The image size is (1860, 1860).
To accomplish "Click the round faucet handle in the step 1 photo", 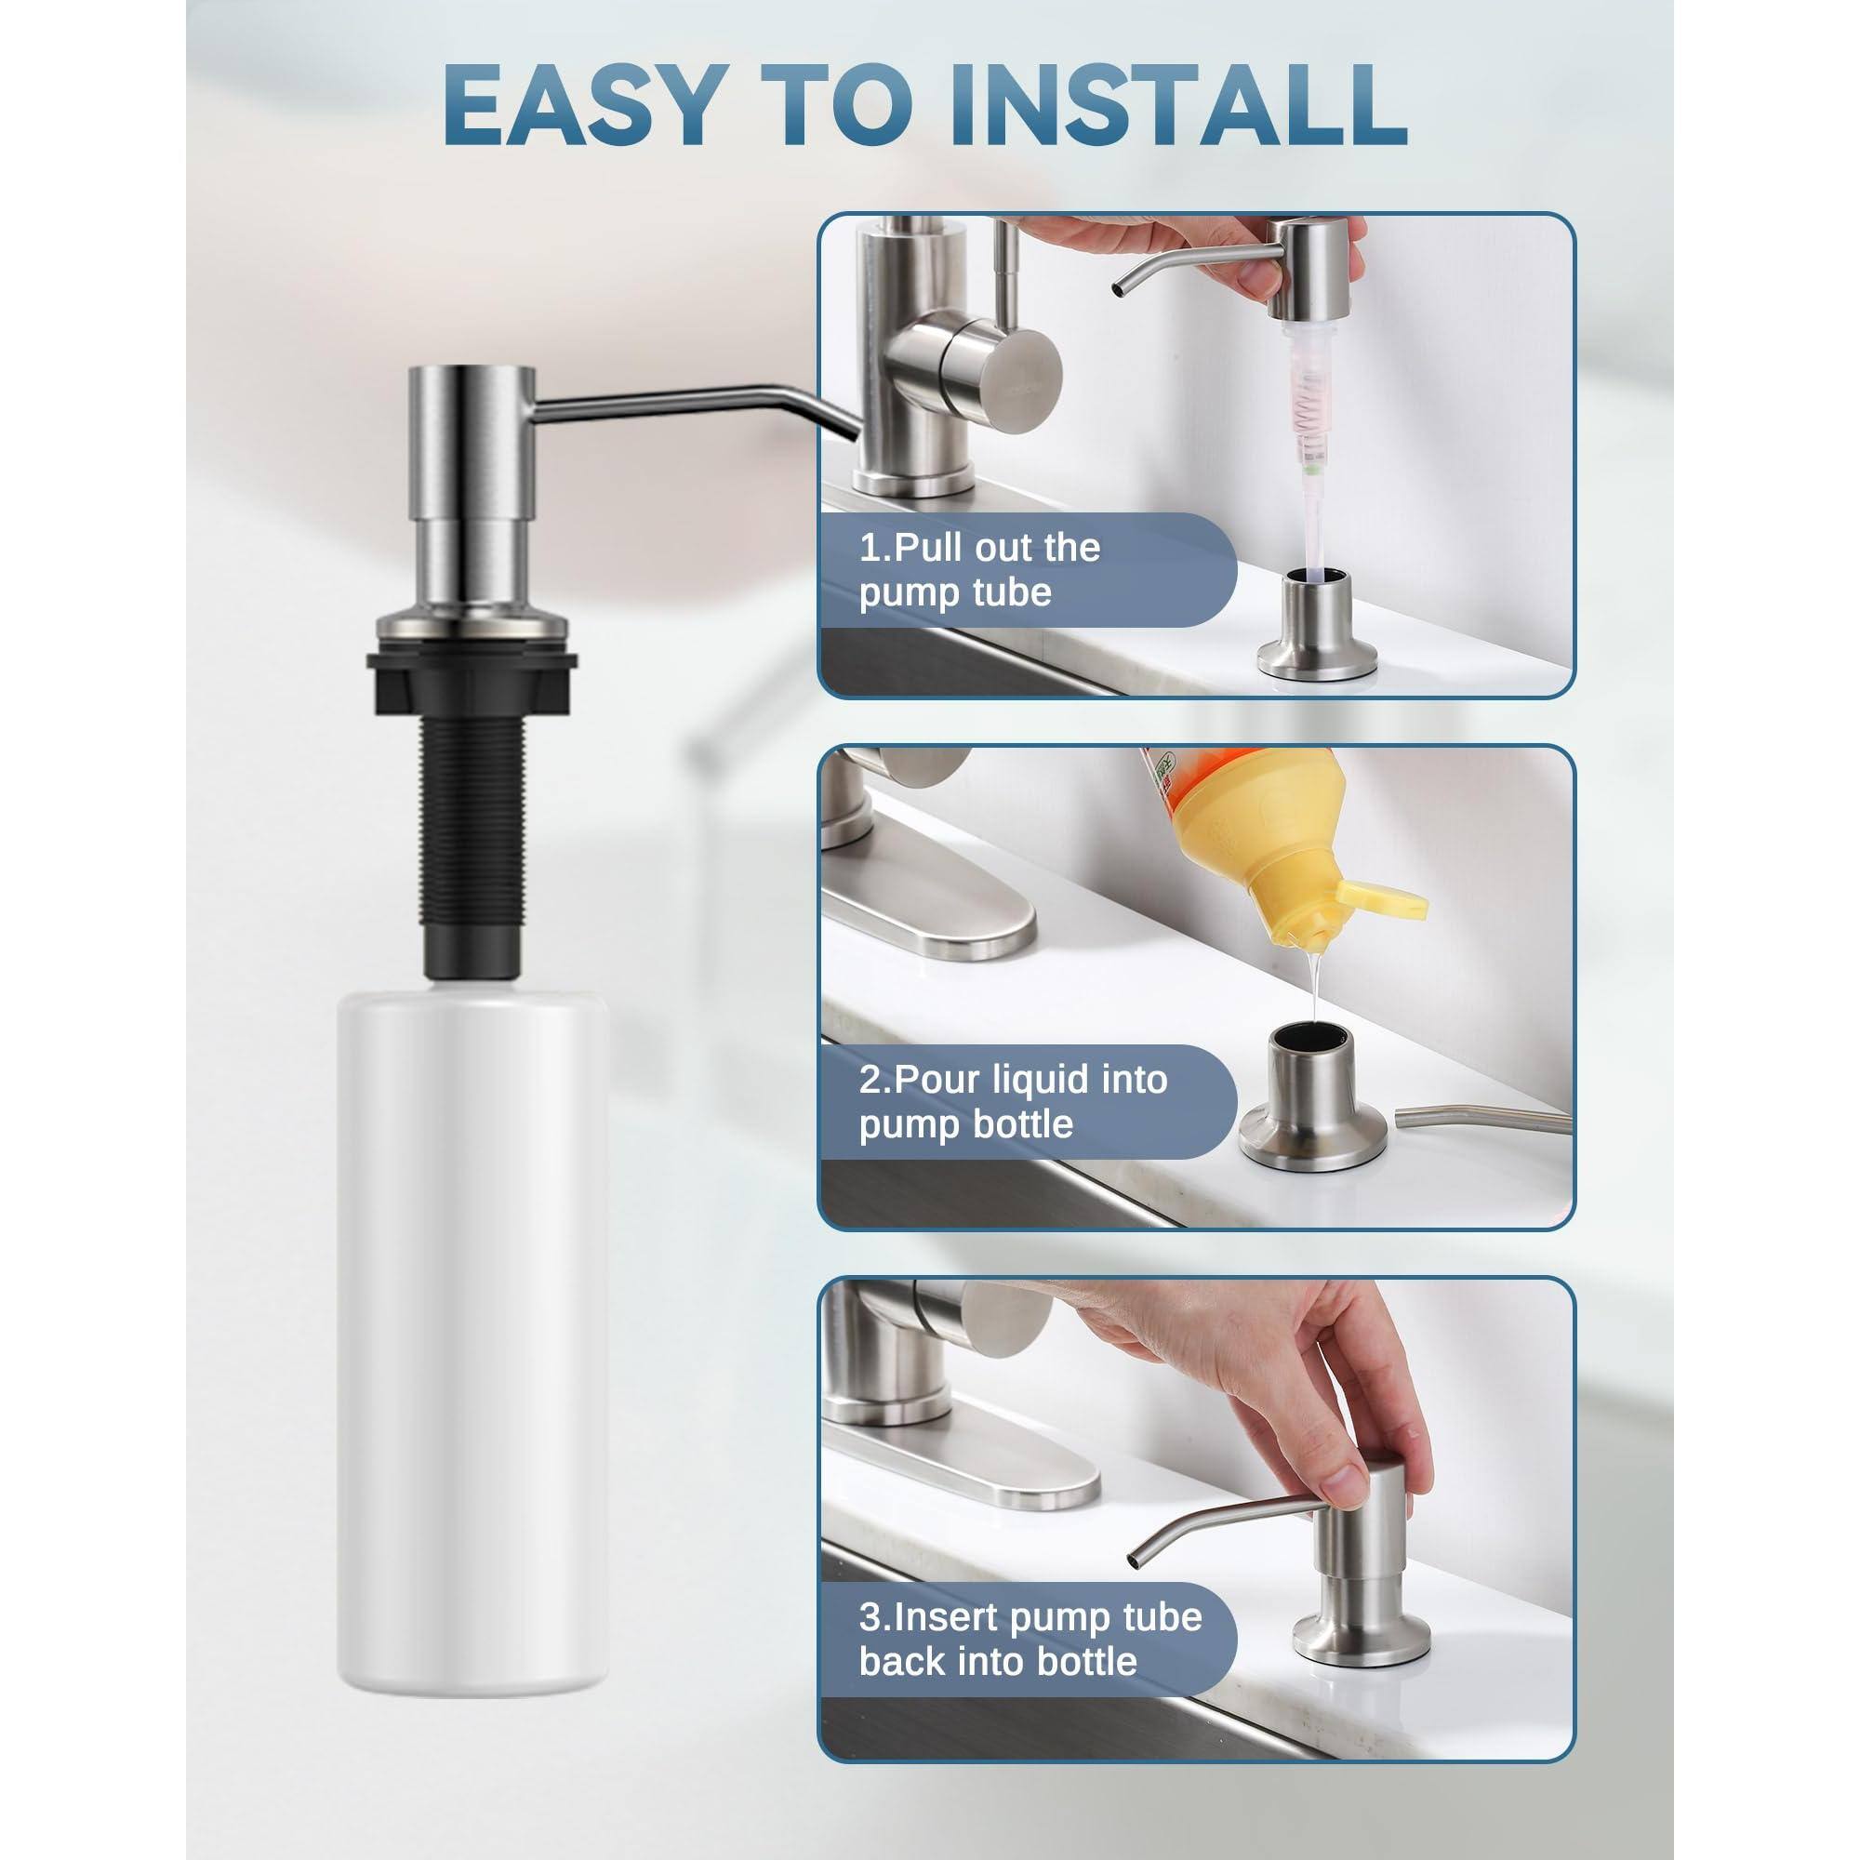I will coord(1002,371).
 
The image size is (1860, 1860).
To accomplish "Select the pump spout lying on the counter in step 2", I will coord(1482,1118).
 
